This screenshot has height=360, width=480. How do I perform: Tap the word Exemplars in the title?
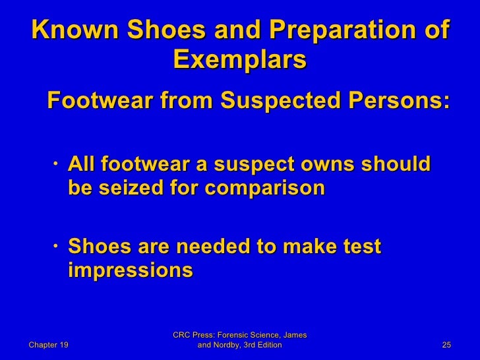point(239,61)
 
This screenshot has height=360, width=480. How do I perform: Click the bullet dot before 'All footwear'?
point(59,164)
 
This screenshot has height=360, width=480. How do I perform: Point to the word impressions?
point(131,271)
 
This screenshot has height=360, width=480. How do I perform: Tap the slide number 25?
point(446,345)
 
